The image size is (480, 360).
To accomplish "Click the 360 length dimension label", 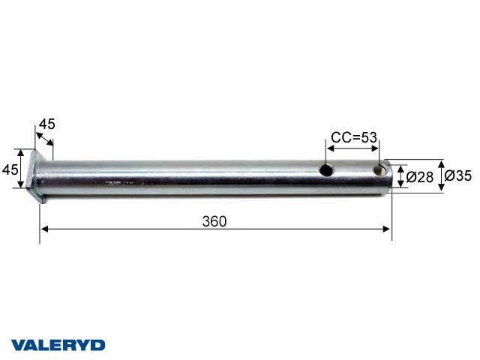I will coord(214,220).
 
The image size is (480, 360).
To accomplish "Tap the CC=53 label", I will coord(353,138).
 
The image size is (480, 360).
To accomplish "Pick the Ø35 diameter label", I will coord(457,176).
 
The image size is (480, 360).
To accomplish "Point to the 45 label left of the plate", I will coord(10,169).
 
